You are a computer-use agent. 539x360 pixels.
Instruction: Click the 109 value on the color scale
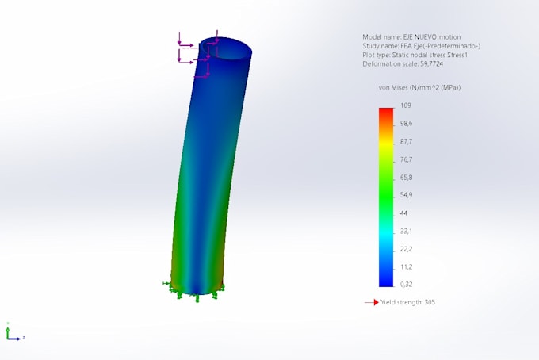pos(405,105)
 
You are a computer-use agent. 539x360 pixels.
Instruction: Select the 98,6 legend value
pos(407,124)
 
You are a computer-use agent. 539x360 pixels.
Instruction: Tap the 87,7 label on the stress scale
pos(407,141)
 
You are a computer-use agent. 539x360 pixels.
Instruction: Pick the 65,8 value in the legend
pos(407,178)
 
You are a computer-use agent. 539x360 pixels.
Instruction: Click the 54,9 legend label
pos(407,195)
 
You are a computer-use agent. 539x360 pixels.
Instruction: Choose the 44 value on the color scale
pos(403,213)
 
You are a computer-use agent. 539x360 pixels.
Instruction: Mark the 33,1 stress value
pos(407,231)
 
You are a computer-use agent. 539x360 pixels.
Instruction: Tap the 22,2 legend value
pos(407,249)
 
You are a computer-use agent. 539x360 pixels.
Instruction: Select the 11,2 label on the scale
pos(407,266)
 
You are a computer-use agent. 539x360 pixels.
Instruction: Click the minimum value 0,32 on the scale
pos(407,284)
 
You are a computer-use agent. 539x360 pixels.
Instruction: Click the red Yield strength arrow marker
pos(371,302)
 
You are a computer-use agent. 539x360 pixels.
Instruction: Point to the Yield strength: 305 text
pos(407,302)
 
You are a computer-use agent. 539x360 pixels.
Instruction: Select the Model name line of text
pos(411,37)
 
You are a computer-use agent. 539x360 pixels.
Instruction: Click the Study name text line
pos(421,46)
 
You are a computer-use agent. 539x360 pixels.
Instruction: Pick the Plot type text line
pos(415,55)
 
